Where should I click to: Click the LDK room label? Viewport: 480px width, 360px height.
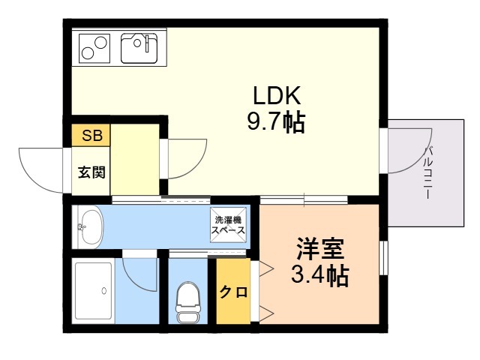click(277, 95)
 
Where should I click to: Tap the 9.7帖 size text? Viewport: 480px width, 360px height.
click(276, 122)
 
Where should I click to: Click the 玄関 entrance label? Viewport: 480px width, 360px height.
click(91, 172)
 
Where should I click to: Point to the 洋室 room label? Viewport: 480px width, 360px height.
click(320, 248)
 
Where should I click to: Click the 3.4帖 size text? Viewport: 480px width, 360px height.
click(320, 274)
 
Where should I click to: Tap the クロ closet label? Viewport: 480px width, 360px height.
click(233, 292)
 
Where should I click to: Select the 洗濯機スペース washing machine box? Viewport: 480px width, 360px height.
click(228, 225)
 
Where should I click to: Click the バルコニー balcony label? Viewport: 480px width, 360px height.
click(428, 172)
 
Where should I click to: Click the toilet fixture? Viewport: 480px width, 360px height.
click(187, 302)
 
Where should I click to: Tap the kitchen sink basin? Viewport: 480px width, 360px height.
click(139, 48)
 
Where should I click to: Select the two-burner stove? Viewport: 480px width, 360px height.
click(94, 48)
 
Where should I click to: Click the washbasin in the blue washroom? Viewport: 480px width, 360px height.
click(89, 226)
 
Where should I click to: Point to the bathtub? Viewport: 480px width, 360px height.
click(94, 291)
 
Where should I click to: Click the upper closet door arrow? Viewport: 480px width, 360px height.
click(265, 269)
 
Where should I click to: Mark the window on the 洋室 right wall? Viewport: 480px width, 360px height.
click(383, 258)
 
